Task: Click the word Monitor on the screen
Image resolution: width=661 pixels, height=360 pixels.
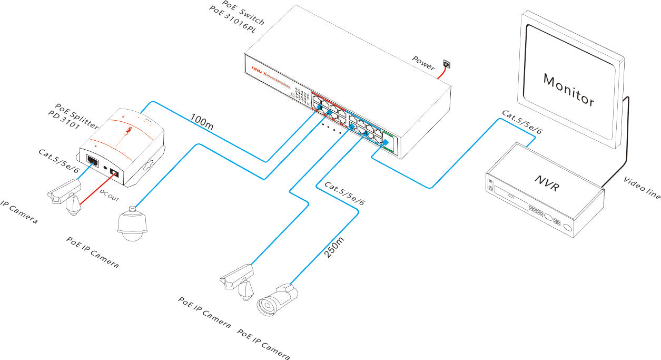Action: (569, 90)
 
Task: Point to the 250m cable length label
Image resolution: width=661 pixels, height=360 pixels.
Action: (334, 246)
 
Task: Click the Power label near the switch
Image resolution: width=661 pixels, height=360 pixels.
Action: (423, 63)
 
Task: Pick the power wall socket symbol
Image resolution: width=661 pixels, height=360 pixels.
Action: (446, 64)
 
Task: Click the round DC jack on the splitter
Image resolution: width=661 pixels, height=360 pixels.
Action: (113, 173)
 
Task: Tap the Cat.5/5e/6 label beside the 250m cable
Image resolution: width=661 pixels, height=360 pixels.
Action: (344, 194)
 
